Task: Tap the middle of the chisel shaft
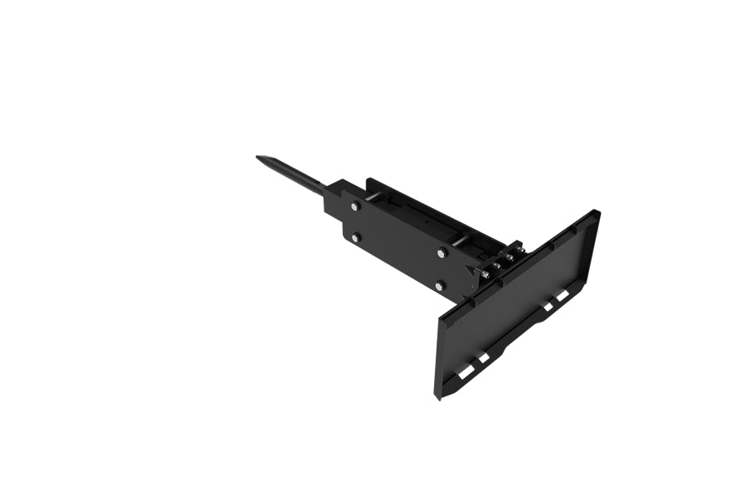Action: pos(293,175)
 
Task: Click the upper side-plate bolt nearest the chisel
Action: pos(355,206)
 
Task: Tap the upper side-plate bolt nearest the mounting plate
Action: pos(442,252)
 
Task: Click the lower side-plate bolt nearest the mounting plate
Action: pos(439,287)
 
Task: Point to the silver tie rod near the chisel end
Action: pos(375,197)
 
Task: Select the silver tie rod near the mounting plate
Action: pos(460,241)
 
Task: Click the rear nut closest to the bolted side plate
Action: pos(486,273)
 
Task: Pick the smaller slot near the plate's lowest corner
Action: pos(484,358)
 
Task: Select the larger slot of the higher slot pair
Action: pos(563,295)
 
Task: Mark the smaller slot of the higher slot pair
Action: pos(547,307)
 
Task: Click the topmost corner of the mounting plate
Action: pos(595,210)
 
